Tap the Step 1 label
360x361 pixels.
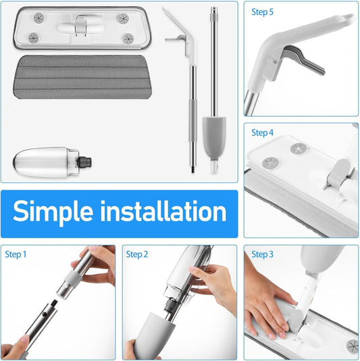[16, 254]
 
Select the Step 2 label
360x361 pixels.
[137, 254]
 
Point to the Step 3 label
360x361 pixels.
[263, 254]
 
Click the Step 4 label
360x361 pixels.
[263, 133]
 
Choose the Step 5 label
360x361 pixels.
[263, 11]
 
